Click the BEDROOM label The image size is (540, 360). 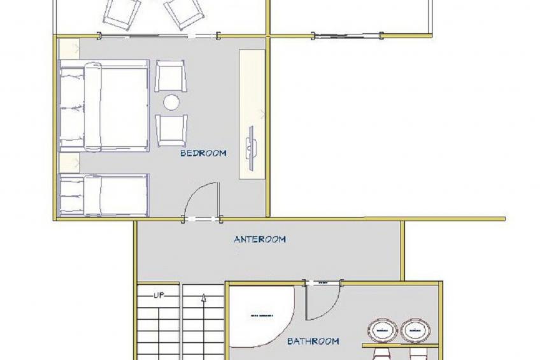203,154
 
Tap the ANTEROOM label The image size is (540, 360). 260,240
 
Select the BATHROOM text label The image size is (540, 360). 313,342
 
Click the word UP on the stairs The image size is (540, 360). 160,296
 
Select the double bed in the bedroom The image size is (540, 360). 105,106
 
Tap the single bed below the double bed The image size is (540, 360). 104,195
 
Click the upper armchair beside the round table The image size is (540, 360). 171,76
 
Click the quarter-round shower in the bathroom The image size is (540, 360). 258,316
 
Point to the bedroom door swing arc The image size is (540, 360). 202,198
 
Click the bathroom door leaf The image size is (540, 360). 307,302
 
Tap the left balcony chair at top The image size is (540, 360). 123,13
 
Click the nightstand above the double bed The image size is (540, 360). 69,50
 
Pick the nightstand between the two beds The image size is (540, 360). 69,163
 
